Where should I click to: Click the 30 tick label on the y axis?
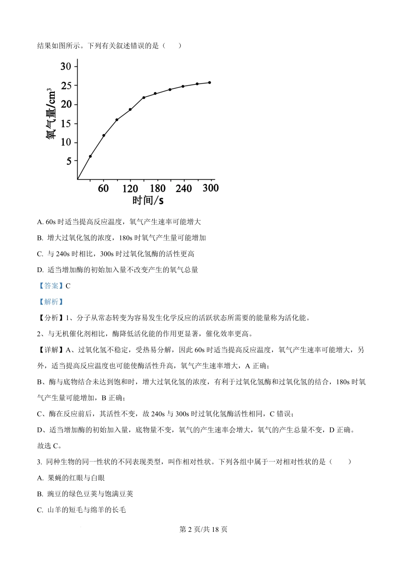point(66,66)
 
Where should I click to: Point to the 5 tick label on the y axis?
point(69,162)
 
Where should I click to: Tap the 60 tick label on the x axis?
point(103,189)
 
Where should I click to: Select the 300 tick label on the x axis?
point(210,188)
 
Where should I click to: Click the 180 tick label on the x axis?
point(157,189)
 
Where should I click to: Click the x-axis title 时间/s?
point(148,200)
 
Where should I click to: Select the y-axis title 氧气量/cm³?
point(51,114)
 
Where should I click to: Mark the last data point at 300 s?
point(209,82)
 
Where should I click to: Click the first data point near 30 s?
point(90,156)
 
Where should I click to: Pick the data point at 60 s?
point(104,135)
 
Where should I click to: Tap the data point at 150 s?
point(144,98)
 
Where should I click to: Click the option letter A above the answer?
point(40,222)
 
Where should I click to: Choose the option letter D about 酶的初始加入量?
point(40,270)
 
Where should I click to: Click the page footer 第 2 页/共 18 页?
point(203,529)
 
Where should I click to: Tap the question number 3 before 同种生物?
point(39,462)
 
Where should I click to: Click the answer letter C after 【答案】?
point(68,286)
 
